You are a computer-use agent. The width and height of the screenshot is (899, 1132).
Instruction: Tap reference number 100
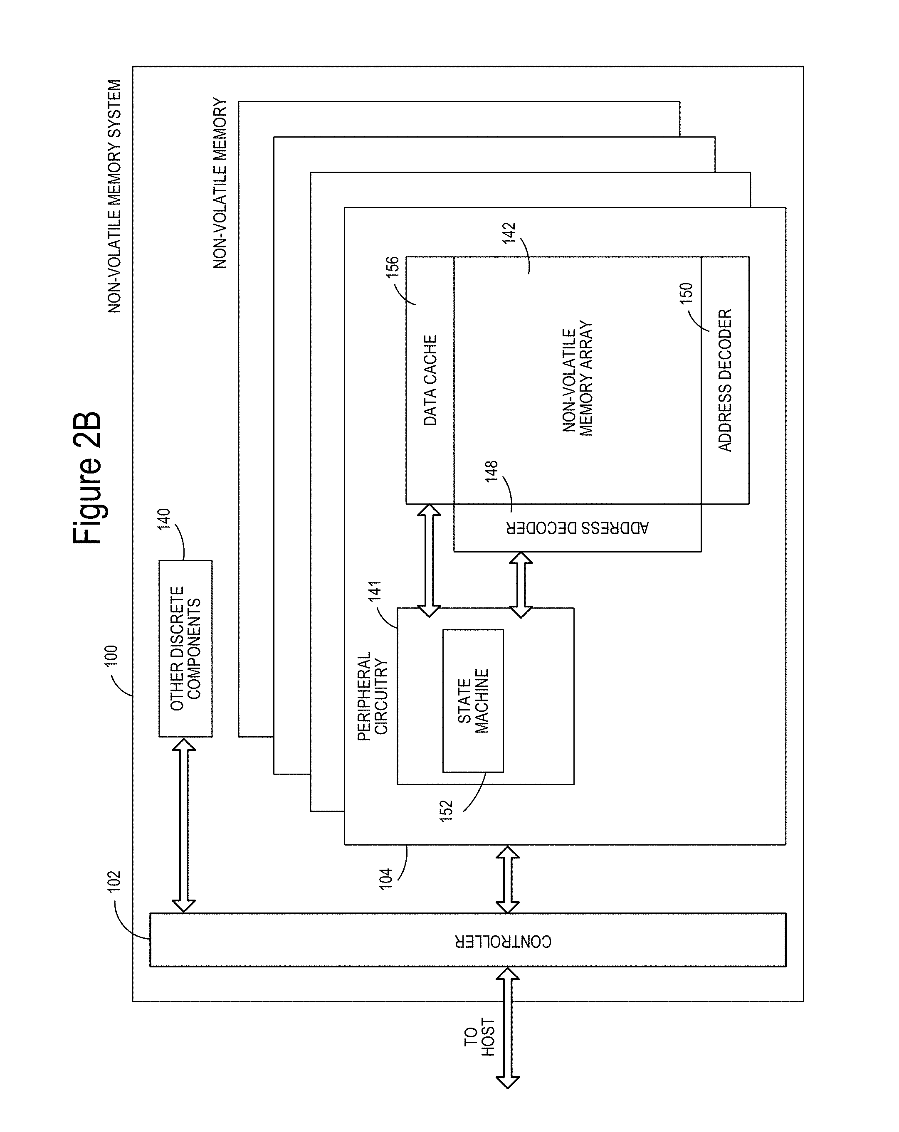[111, 656]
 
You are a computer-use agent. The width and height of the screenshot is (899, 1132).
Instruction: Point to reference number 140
[165, 519]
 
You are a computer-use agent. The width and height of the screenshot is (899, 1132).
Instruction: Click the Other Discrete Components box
[185, 649]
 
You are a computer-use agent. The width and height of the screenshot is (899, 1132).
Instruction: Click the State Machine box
[473, 701]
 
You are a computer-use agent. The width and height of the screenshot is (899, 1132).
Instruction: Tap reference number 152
[446, 811]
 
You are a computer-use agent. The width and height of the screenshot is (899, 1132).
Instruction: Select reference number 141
[375, 592]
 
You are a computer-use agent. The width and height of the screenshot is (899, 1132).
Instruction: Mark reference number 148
[491, 471]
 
